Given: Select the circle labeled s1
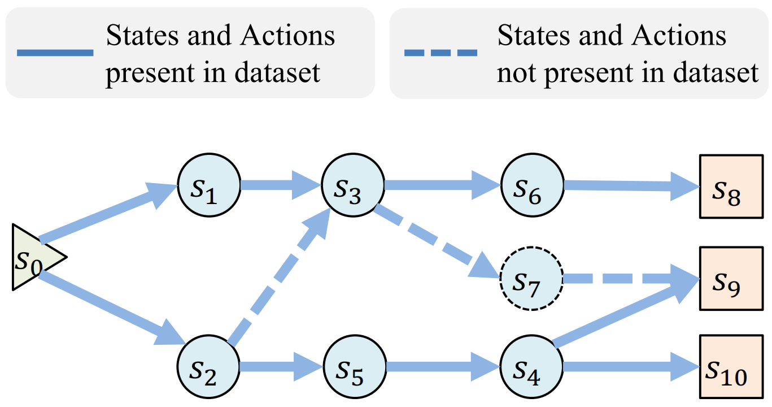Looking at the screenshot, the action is (x=209, y=185).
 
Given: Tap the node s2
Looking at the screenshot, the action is (x=208, y=367).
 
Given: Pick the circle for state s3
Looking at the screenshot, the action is (x=353, y=185).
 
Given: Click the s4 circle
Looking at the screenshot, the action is (x=531, y=367).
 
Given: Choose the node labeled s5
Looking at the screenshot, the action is (x=355, y=367).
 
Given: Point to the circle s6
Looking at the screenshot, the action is (x=532, y=185).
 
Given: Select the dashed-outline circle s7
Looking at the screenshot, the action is (x=531, y=279).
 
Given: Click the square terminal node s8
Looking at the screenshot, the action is (x=731, y=187).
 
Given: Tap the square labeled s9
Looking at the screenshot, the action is (x=731, y=278).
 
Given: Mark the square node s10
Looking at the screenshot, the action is (x=731, y=367).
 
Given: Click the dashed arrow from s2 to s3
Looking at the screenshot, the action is (x=279, y=276).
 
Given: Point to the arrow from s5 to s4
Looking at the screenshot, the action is (x=443, y=367).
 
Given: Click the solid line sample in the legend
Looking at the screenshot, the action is (x=55, y=53).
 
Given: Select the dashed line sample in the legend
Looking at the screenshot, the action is (x=440, y=53).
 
